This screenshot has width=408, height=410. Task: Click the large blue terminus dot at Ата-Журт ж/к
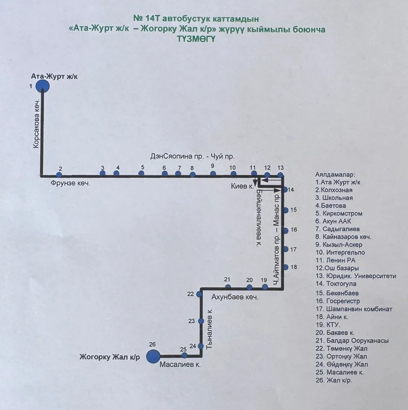click(x=43, y=86)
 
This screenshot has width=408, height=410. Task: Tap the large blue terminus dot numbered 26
click(x=153, y=356)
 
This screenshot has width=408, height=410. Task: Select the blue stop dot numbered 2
click(x=59, y=175)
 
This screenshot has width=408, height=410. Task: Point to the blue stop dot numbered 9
click(x=213, y=173)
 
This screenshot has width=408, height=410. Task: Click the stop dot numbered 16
click(x=286, y=230)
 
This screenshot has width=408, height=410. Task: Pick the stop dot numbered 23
click(x=201, y=321)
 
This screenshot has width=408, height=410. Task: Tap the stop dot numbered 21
click(x=228, y=287)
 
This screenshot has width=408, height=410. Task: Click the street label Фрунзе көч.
click(x=70, y=183)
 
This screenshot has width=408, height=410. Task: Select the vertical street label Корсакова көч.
click(x=37, y=123)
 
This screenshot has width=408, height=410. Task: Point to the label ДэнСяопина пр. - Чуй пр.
click(x=192, y=157)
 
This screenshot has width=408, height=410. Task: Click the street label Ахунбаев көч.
click(x=235, y=297)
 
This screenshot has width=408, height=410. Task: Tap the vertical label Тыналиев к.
click(x=210, y=329)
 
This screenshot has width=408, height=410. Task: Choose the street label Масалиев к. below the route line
click(x=180, y=365)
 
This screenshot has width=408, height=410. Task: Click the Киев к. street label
click(x=242, y=186)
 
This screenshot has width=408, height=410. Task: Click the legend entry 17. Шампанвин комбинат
click(x=354, y=309)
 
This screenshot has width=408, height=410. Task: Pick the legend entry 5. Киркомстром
click(x=339, y=213)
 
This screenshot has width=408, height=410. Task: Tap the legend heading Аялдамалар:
click(x=335, y=174)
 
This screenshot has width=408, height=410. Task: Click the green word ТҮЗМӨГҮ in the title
click(x=196, y=39)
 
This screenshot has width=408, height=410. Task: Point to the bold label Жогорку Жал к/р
click(x=110, y=357)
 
